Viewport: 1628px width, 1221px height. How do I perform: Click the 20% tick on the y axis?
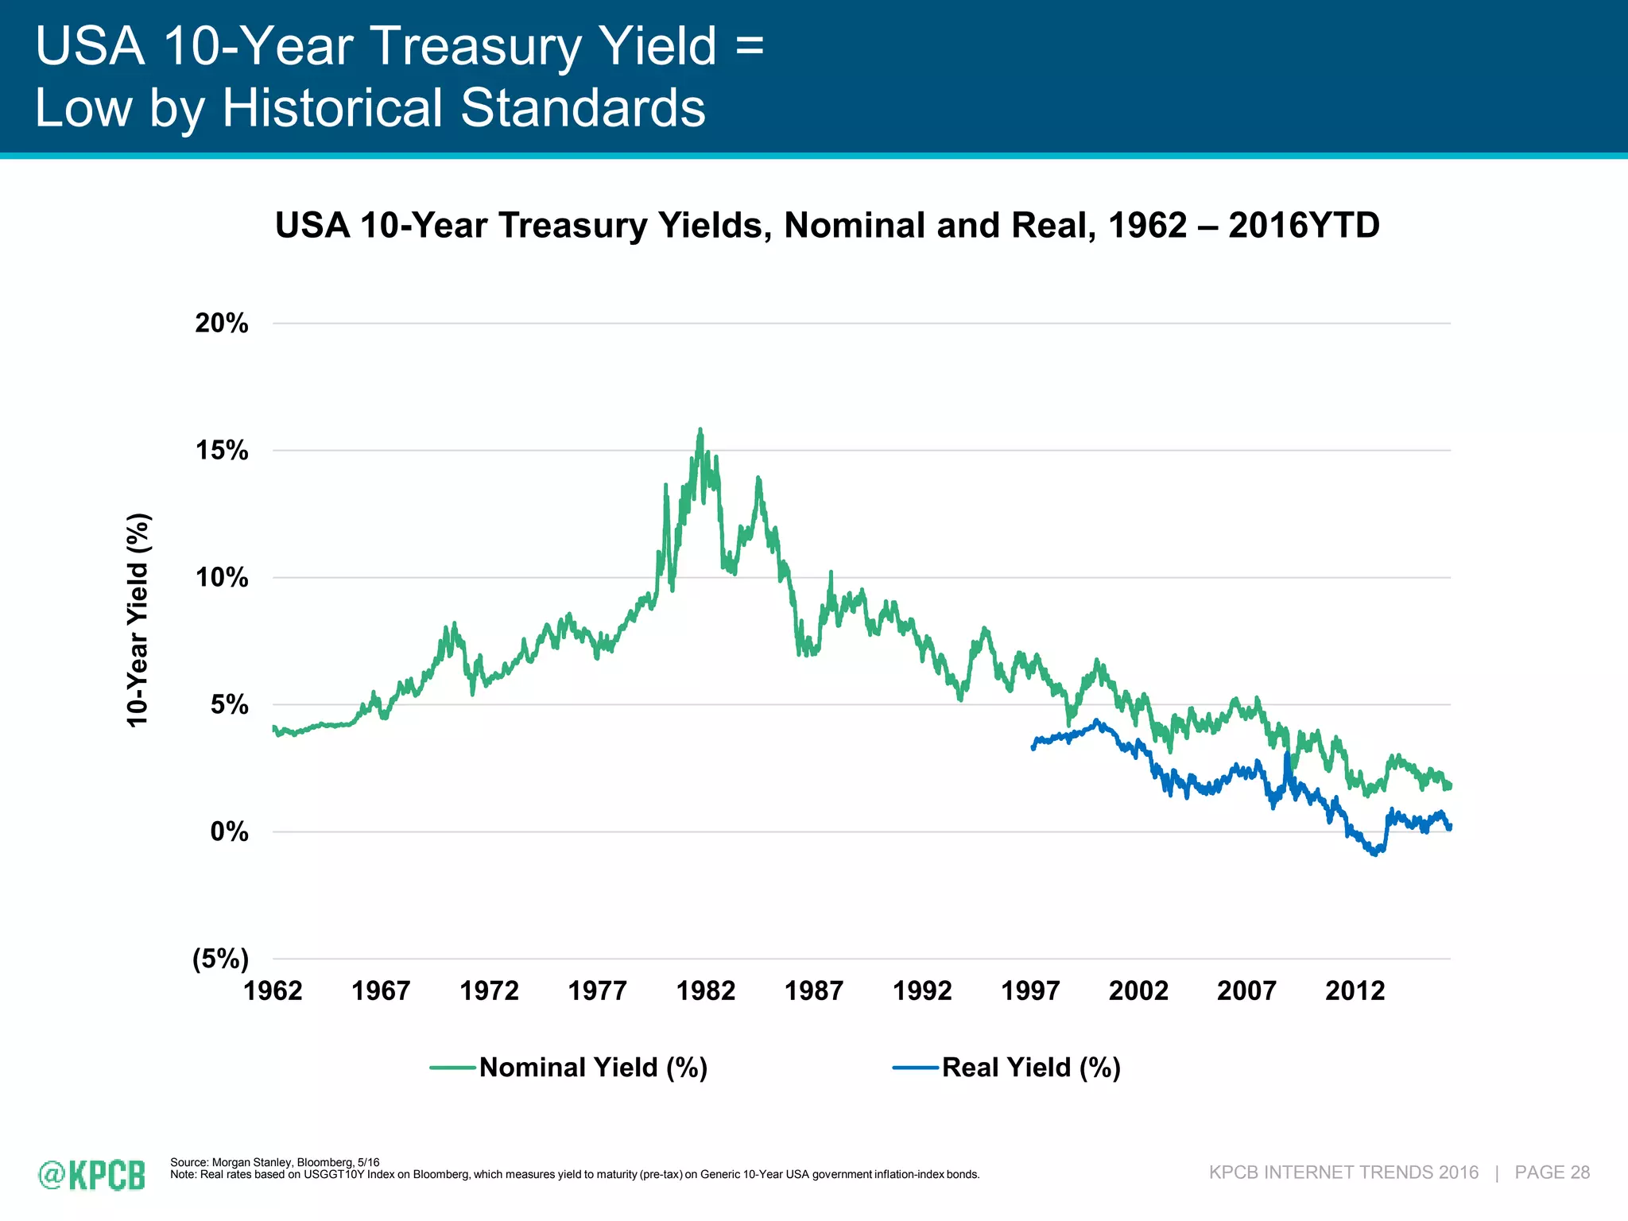click(222, 324)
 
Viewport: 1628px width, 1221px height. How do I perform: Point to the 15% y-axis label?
click(222, 451)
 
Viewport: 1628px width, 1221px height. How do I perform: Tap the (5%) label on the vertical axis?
click(220, 959)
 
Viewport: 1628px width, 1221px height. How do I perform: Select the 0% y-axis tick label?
click(229, 832)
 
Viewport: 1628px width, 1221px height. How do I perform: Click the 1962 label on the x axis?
click(273, 991)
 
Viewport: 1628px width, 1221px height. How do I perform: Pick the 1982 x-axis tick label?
click(705, 991)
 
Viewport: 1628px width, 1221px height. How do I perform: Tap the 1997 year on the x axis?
click(1030, 991)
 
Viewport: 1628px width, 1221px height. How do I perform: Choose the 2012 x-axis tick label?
click(1355, 991)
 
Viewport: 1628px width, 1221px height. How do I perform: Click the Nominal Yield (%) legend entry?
click(593, 1067)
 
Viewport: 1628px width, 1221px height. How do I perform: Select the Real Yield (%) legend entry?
click(1030, 1067)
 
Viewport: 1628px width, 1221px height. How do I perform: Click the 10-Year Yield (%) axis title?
click(138, 620)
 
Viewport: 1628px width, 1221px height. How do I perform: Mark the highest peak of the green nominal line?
click(700, 430)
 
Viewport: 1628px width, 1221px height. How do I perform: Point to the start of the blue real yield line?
click(1033, 748)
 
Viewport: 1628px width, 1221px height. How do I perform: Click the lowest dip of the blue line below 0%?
click(1374, 855)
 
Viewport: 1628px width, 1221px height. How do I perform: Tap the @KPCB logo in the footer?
click(91, 1175)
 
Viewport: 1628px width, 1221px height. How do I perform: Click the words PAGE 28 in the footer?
click(1552, 1173)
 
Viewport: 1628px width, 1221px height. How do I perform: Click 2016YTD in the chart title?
click(1304, 226)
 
